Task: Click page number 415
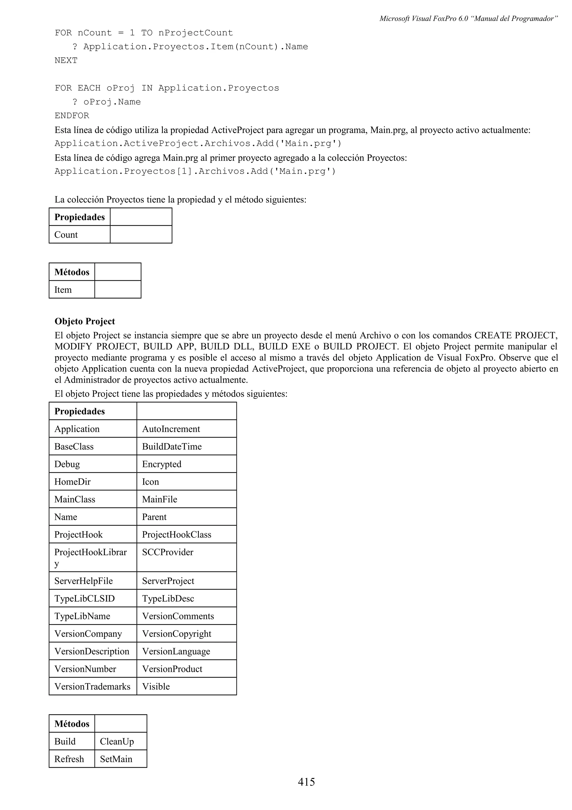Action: tap(306, 782)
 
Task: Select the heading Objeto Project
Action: tap(85, 321)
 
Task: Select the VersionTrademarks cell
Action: tap(92, 686)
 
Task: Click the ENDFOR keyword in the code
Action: tap(72, 116)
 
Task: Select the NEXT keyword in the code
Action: tap(66, 60)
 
